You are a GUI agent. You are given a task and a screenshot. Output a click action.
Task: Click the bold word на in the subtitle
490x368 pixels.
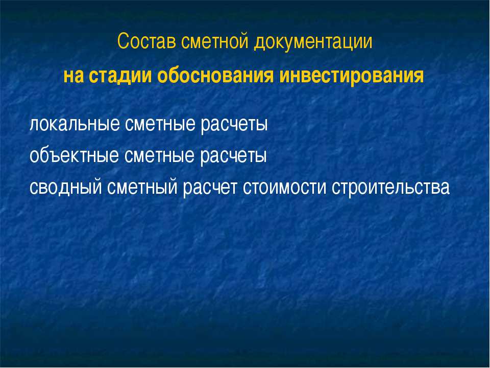tap(73, 76)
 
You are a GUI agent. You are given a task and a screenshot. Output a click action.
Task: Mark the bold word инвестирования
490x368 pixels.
tap(353, 76)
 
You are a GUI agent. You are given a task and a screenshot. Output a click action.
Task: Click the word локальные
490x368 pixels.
tap(73, 124)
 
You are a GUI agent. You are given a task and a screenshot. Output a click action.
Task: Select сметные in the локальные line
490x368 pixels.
tap(155, 124)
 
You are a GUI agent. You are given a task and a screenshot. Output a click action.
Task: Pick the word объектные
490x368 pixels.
tap(73, 155)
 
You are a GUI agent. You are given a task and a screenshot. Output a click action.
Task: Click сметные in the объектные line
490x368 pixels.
tap(155, 155)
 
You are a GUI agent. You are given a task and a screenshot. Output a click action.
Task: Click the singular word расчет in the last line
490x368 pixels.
tap(210, 188)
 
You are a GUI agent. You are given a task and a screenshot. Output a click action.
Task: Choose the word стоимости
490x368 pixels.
tap(285, 188)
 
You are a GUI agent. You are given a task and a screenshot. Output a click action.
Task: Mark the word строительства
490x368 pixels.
tap(391, 188)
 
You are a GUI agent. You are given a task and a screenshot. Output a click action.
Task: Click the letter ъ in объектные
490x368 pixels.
tap(52, 156)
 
